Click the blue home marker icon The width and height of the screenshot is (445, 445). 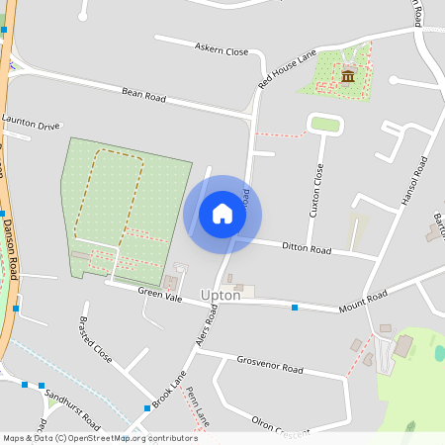coord(222,214)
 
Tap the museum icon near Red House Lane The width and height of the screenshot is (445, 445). coord(347,76)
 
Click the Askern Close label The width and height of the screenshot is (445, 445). coord(222,48)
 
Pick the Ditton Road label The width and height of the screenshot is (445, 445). coord(306,247)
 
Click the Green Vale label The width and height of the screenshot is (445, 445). coord(159,295)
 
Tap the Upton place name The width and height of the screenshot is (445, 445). coord(221,296)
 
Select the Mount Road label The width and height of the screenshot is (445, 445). coord(362,300)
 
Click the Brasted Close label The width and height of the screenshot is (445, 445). coord(95,339)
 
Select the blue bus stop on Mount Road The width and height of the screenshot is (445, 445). coord(295,308)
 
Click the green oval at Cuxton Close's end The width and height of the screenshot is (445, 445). coord(325,124)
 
